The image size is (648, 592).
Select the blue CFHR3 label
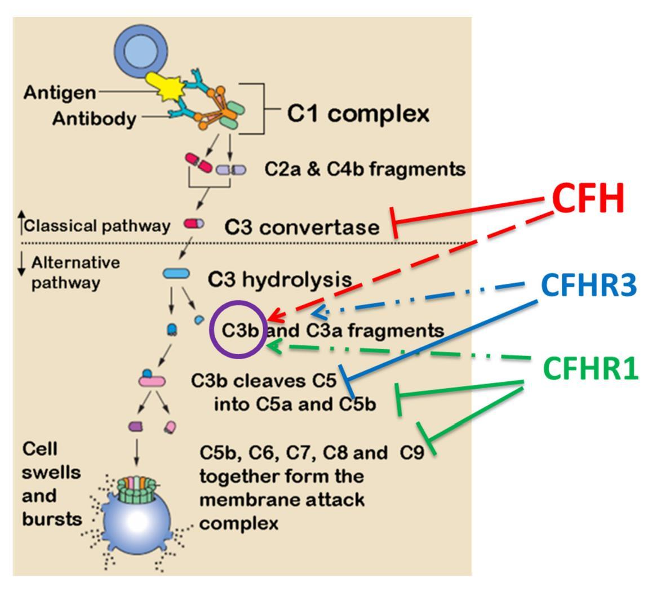tap(589, 286)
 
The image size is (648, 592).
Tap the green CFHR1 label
tap(591, 369)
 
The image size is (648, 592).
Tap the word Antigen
tap(60, 92)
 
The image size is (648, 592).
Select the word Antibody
tap(94, 118)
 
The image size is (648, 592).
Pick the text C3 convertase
tap(302, 227)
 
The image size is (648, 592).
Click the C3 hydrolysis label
tap(279, 278)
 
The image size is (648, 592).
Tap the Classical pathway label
tap(96, 226)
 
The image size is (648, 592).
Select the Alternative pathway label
tap(75, 272)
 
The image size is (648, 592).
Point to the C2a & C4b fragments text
tap(365, 169)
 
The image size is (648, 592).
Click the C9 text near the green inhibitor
tap(411, 452)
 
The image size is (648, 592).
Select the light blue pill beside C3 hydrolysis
tap(176, 274)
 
